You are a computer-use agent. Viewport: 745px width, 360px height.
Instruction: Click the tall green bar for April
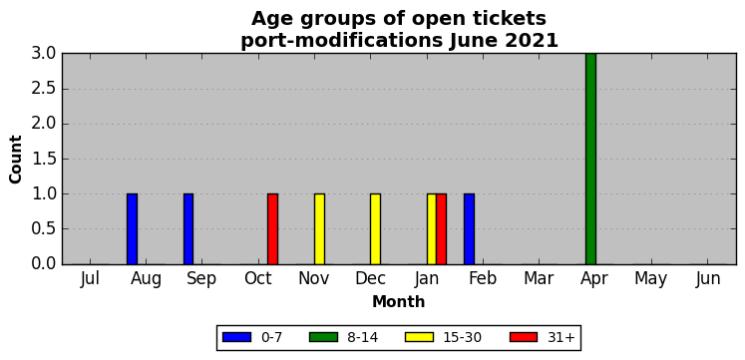(x=590, y=159)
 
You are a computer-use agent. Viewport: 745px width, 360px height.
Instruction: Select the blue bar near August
(x=132, y=229)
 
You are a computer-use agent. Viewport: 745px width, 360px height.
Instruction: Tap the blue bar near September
(x=188, y=229)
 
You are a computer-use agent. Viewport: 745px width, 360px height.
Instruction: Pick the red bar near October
(x=272, y=229)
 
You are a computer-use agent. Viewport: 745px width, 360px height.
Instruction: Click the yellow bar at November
(x=320, y=229)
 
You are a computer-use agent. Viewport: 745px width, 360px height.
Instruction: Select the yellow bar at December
(x=375, y=229)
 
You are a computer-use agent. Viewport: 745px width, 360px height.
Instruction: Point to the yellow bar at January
(x=432, y=229)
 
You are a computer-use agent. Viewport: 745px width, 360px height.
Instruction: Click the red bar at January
(x=442, y=229)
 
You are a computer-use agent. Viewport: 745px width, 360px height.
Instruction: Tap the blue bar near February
(x=470, y=229)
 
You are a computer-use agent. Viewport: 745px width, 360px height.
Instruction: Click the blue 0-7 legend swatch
(x=236, y=337)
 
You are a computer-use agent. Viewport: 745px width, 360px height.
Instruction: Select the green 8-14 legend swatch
(x=323, y=337)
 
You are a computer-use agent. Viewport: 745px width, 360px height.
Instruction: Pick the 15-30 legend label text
(x=463, y=338)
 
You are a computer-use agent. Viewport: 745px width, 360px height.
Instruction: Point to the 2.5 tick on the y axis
(x=44, y=89)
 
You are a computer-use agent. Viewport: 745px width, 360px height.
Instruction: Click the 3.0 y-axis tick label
(x=44, y=54)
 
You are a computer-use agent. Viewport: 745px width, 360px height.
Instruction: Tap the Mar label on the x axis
(x=540, y=279)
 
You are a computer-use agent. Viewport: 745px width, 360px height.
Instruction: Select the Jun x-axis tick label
(x=708, y=279)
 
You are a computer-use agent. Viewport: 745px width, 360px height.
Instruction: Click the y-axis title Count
(x=16, y=160)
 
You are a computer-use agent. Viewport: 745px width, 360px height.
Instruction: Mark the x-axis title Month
(x=399, y=302)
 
